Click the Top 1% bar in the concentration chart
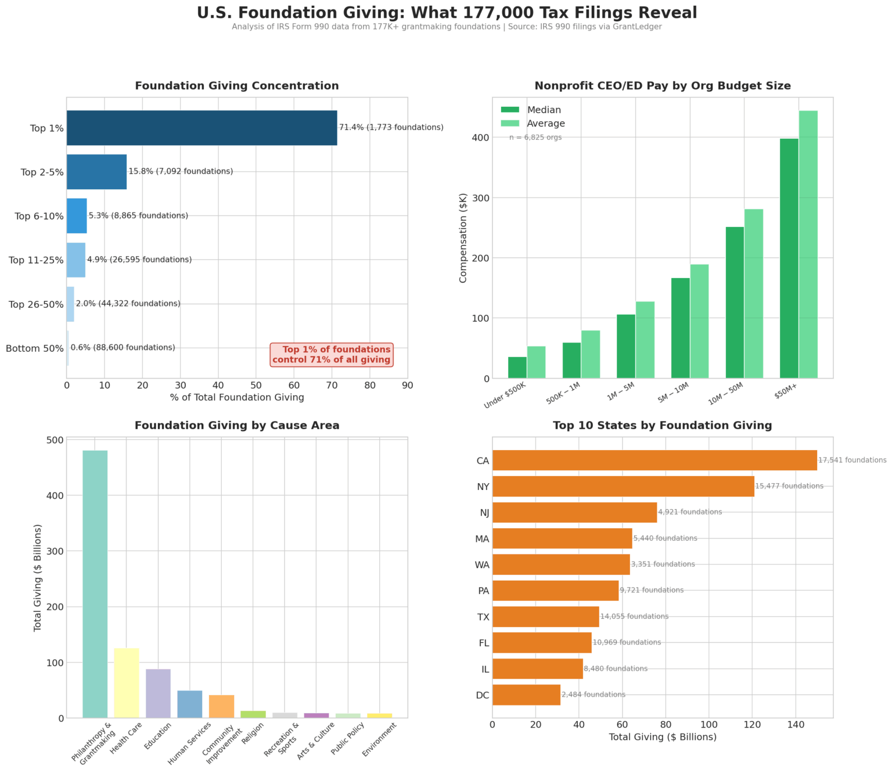(x=202, y=128)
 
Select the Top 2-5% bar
(x=96, y=172)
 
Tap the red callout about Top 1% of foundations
(x=332, y=354)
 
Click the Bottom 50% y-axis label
(x=35, y=348)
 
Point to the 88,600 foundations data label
(x=123, y=348)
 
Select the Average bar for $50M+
(x=808, y=244)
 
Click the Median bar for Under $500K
(x=517, y=368)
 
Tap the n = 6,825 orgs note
(x=535, y=138)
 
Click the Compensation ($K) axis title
(x=463, y=238)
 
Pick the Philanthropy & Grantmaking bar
(x=95, y=584)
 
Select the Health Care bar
(x=127, y=683)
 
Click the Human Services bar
(x=190, y=704)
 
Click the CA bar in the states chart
(x=654, y=460)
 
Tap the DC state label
(x=483, y=696)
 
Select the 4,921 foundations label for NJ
(x=690, y=512)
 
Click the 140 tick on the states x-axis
(x=796, y=725)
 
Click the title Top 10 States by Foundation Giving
(x=662, y=426)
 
